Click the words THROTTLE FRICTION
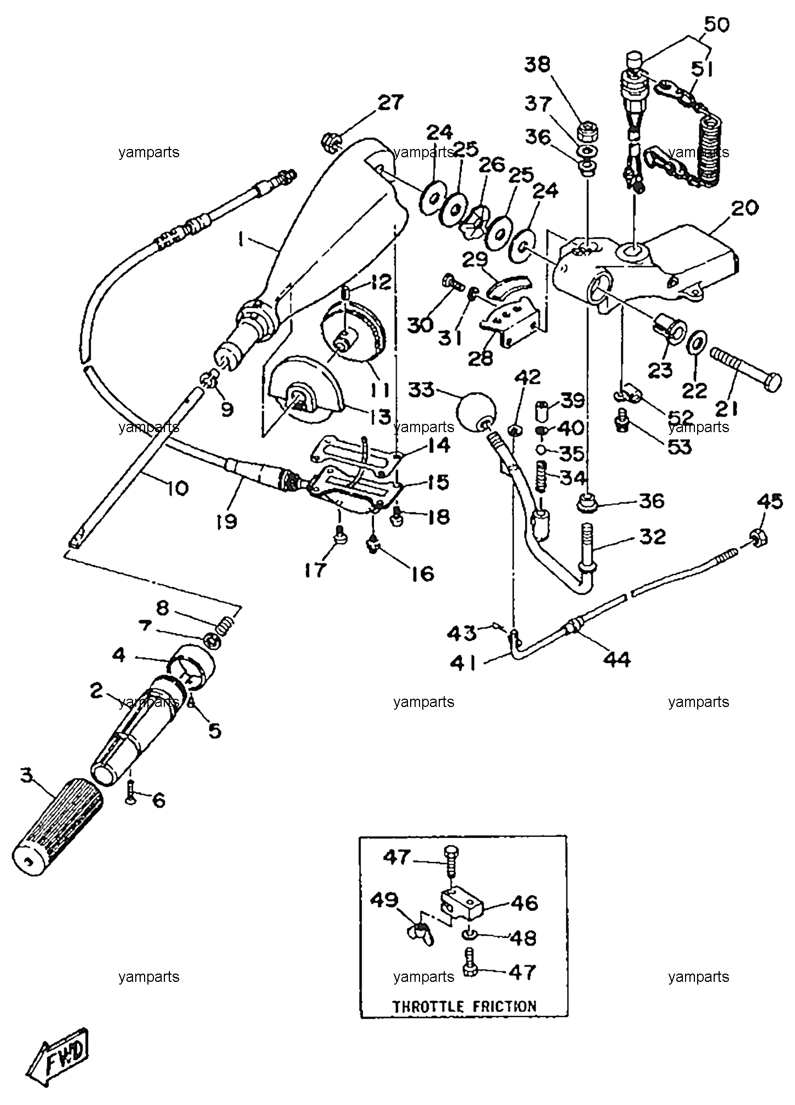click(x=463, y=1007)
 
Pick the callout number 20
click(x=744, y=208)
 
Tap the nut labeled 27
click(x=331, y=141)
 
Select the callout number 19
click(x=226, y=520)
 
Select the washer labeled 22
click(x=697, y=346)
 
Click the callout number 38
click(x=537, y=64)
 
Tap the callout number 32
click(x=653, y=537)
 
